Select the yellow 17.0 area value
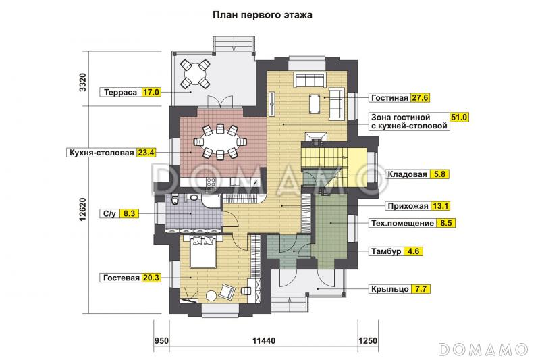152,92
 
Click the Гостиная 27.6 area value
421,97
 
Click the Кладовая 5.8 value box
439,174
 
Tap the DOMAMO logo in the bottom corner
482,349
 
